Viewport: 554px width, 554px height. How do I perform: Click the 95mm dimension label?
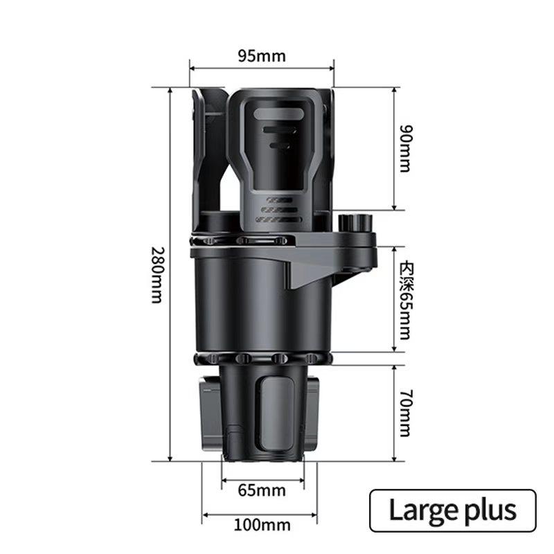click(262, 56)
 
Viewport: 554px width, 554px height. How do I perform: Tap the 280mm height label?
click(158, 275)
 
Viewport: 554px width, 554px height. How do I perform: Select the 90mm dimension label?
click(406, 148)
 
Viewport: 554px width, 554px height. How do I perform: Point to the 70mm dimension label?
click(406, 413)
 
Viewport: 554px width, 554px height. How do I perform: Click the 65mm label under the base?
click(262, 490)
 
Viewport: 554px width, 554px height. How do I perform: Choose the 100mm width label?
click(262, 525)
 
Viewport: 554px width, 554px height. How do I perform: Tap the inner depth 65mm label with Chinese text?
click(406, 301)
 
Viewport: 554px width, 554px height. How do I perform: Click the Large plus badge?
click(453, 510)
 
